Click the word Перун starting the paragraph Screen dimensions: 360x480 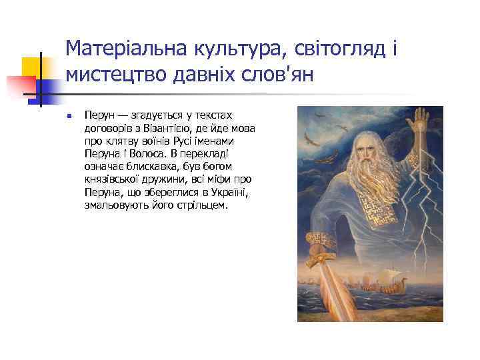click(98, 115)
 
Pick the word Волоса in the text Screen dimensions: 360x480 click(147, 153)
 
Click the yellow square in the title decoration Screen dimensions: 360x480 click(32, 67)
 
